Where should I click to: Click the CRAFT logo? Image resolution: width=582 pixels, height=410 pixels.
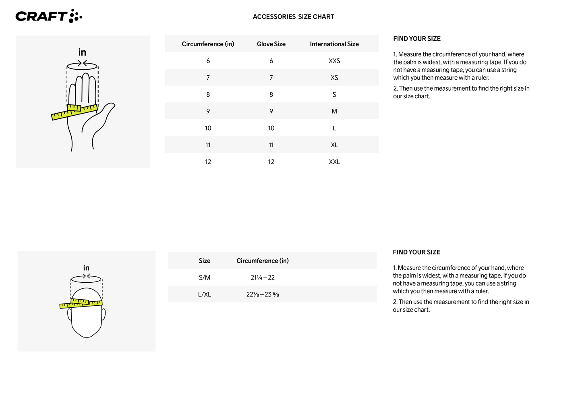[x=49, y=16]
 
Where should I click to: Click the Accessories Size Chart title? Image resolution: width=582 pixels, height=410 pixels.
[x=293, y=17]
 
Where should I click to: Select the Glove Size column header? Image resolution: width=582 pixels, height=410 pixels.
[x=271, y=44]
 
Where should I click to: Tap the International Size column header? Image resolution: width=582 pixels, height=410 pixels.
[x=334, y=44]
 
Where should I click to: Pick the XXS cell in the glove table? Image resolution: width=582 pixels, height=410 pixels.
[x=334, y=61]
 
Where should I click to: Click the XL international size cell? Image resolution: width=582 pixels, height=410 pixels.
[x=334, y=145]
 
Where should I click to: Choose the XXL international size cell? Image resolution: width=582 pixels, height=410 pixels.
[x=334, y=162]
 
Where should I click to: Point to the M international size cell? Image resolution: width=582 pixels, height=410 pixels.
[x=334, y=111]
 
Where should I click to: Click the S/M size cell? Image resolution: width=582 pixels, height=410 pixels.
[x=204, y=277]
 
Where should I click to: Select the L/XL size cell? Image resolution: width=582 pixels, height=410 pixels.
[x=204, y=294]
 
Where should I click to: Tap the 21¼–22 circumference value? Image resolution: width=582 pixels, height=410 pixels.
[x=263, y=277]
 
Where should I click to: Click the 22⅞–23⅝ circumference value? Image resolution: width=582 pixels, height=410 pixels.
[x=263, y=294]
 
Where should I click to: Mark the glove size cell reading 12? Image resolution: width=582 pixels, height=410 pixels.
[x=271, y=162]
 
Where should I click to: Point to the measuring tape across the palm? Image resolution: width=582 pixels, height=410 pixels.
[x=75, y=112]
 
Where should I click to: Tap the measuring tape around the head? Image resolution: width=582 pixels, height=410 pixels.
[x=81, y=304]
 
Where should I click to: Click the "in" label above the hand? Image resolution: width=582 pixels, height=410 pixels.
[x=82, y=52]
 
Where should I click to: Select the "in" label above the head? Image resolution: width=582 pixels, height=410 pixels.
[x=86, y=268]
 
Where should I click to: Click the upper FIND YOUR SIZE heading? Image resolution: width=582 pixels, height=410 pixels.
[x=417, y=39]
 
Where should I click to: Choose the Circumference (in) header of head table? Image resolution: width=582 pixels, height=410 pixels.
[x=263, y=261]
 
